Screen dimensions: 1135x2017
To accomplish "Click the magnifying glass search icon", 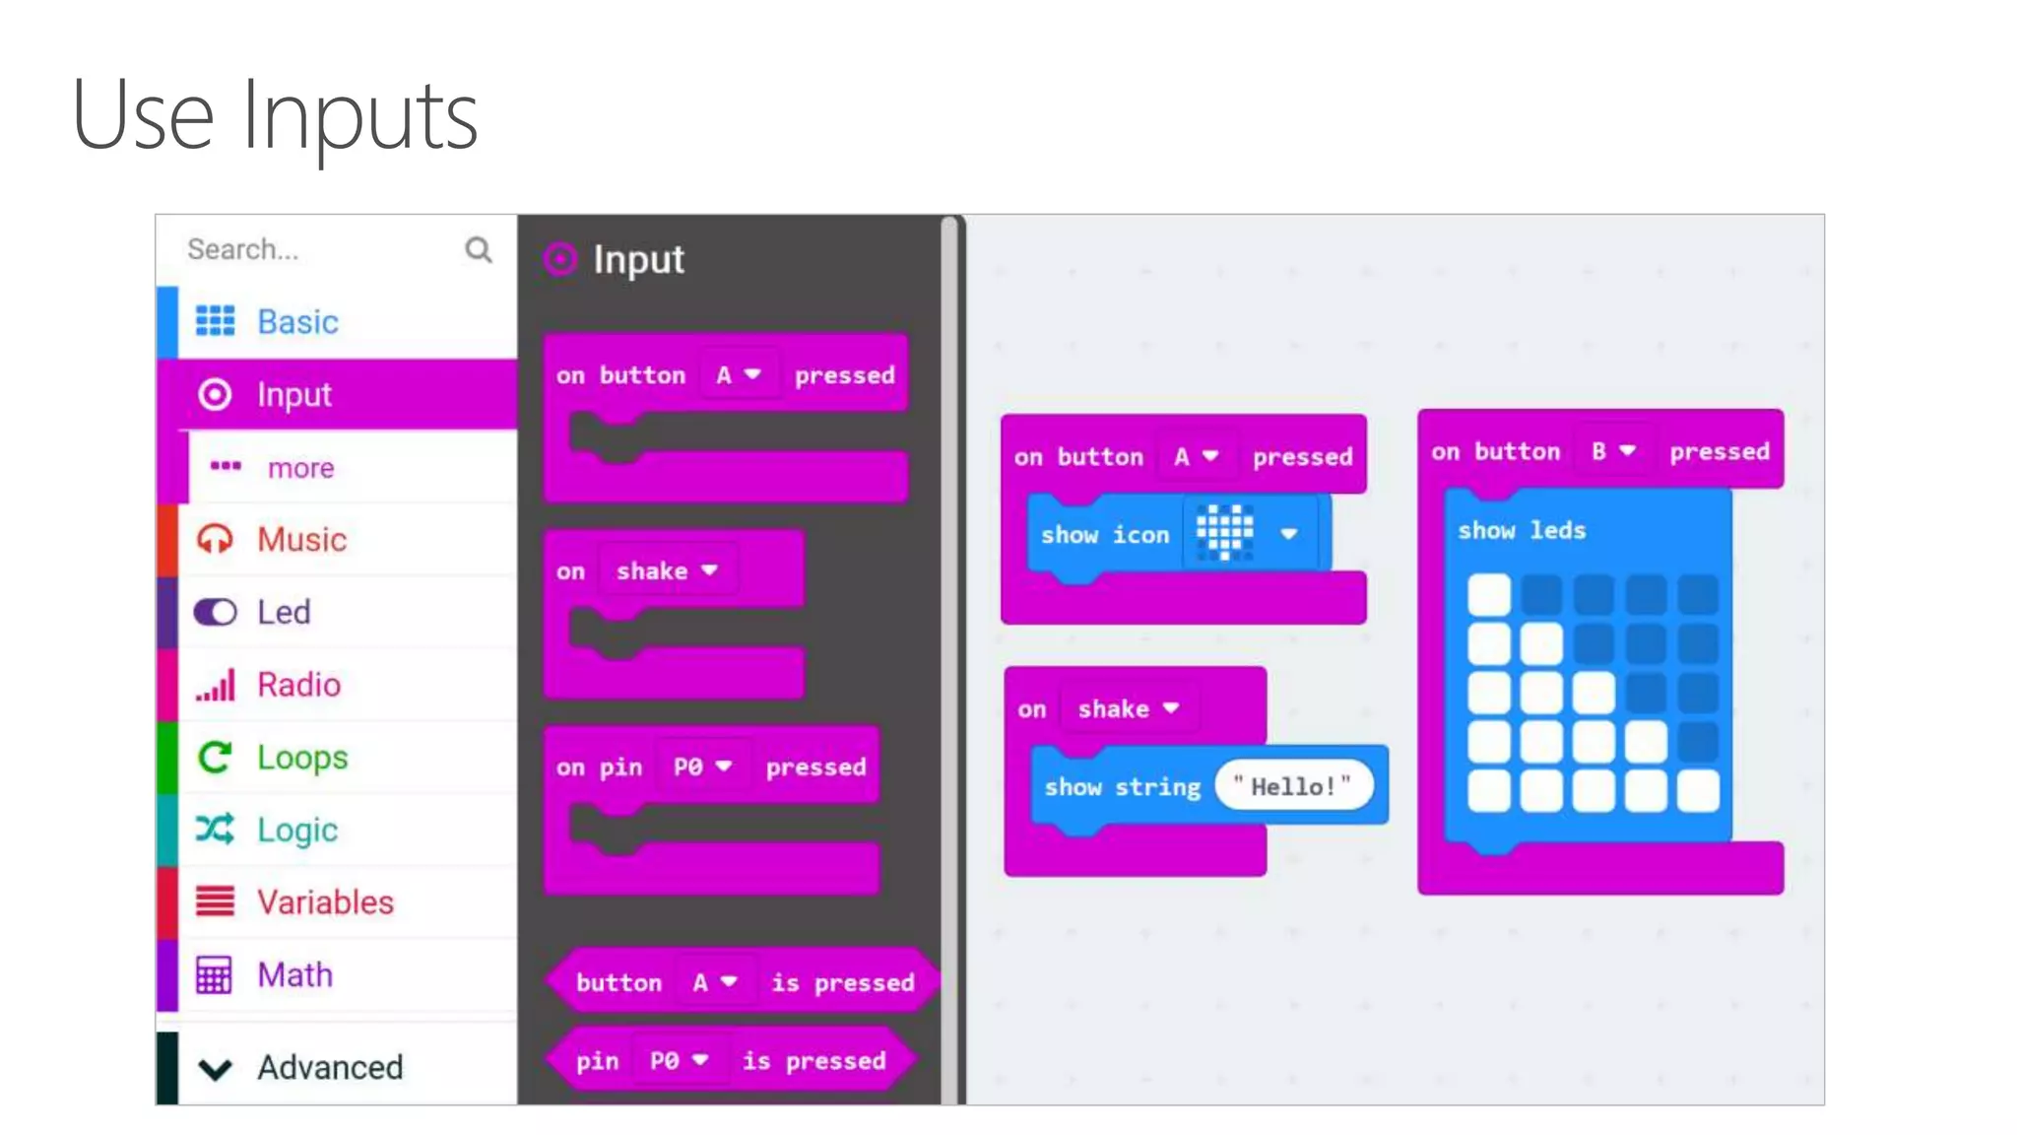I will coord(479,249).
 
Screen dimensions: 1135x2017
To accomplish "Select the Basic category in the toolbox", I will coord(296,322).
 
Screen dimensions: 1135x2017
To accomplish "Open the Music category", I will coord(300,540).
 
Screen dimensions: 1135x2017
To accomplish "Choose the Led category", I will coord(284,613).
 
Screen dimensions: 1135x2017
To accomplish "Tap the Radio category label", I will coord(298,685).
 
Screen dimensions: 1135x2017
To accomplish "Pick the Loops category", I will coord(301,758).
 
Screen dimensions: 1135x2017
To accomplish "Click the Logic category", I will coord(296,830).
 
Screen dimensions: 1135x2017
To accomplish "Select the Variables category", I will coord(324,902).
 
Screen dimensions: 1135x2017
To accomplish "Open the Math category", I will coord(294,975).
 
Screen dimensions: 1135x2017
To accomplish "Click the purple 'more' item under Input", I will coord(299,468).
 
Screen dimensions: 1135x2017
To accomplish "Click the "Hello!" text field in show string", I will coord(1292,786).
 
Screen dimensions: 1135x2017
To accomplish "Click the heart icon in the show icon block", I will coord(1224,534).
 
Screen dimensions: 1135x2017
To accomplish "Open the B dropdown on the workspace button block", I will coord(1613,451).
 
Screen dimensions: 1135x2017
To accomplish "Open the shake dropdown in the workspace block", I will coord(1128,708).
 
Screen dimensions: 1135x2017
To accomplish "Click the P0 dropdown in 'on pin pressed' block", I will coord(702,767).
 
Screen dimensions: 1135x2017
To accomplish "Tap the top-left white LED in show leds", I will coord(1488,594).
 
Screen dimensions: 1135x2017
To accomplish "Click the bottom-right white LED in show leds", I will coord(1698,791).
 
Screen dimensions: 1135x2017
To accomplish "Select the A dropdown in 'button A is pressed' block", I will coord(714,982).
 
